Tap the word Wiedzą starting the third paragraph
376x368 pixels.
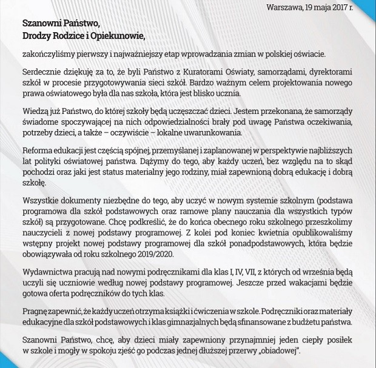pyautogui.click(x=35, y=112)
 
